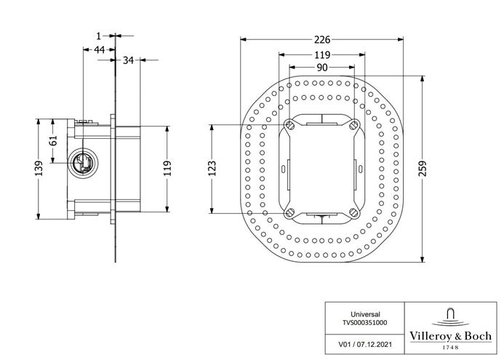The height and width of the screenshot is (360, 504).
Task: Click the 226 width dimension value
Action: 322,39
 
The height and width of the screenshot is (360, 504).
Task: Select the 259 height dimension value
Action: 423,168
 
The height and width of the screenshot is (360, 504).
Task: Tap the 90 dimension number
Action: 322,68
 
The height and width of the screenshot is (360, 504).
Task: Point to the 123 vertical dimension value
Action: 212,169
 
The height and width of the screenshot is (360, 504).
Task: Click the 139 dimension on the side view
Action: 39,168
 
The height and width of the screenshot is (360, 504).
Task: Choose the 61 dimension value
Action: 54,140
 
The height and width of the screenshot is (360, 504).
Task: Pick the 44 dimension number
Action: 100,49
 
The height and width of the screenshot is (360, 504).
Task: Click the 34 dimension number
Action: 128,60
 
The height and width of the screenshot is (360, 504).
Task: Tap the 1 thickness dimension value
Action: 99,36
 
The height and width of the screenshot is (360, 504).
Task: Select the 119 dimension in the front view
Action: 322,55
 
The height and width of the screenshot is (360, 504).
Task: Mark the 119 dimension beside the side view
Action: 167,169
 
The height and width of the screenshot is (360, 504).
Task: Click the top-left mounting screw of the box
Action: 289,124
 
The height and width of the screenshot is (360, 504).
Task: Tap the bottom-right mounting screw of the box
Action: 353,212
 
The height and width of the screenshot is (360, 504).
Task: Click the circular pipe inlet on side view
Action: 83,163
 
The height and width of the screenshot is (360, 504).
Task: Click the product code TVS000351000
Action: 365,322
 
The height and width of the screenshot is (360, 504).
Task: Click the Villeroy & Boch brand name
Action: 450,336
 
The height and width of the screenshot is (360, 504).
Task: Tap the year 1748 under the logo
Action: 451,347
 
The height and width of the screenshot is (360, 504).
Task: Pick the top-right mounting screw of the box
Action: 353,124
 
